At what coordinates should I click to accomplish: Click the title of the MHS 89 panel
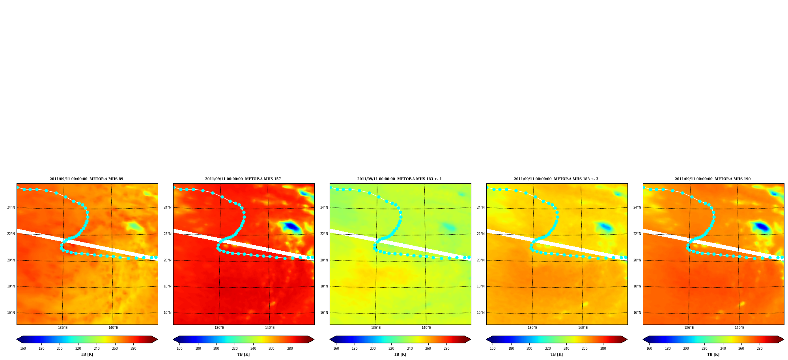point(86,179)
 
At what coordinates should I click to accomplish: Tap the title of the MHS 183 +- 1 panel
point(400,179)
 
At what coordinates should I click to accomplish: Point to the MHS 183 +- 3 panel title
point(556,179)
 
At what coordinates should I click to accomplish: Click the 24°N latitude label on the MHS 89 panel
point(11,207)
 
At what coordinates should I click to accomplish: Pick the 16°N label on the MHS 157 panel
point(168,313)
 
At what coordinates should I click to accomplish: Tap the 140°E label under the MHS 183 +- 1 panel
point(426,328)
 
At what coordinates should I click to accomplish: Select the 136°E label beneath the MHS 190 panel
point(689,328)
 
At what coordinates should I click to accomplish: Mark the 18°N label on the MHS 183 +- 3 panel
point(481,286)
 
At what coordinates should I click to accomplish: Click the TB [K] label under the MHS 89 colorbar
point(87,354)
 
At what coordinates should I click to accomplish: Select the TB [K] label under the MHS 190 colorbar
point(713,354)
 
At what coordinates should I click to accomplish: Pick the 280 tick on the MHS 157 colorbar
point(290,349)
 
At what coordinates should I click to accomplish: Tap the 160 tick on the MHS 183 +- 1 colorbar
point(336,349)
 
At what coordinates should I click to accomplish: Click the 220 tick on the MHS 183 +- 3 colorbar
point(548,349)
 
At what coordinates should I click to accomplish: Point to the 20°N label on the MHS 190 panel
point(637,260)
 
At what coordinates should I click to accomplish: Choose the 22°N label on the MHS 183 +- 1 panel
point(324,234)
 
